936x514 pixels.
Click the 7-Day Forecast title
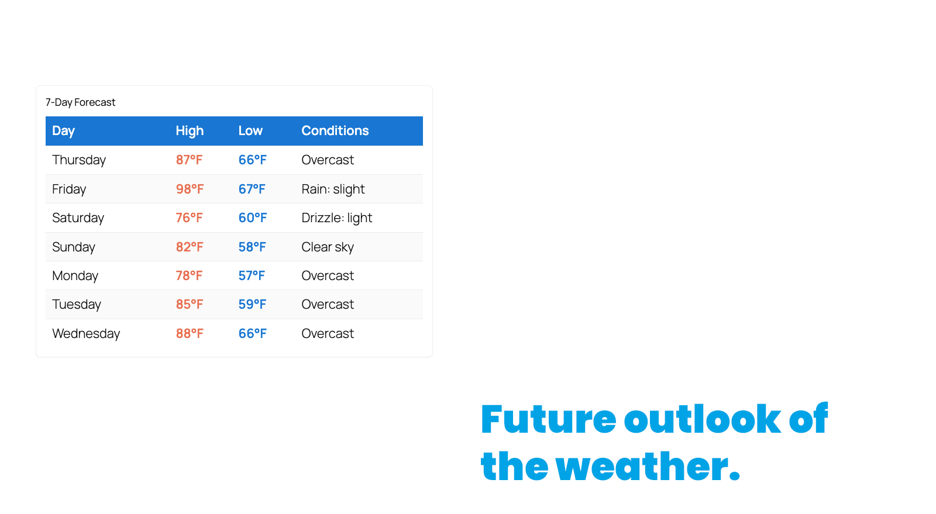[x=80, y=102]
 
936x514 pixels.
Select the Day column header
[x=64, y=131]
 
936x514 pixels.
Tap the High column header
[x=190, y=131]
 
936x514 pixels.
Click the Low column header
[x=251, y=130]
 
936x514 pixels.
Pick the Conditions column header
[x=335, y=130]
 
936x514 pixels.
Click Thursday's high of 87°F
[x=190, y=160]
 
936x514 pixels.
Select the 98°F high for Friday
[x=190, y=189]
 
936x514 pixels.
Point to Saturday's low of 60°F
[x=252, y=218]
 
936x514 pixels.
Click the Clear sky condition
[x=328, y=247]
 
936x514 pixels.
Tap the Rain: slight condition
[x=333, y=189]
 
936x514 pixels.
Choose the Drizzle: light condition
[x=337, y=218]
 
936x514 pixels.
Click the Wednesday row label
[x=86, y=334]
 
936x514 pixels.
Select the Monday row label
[x=75, y=276]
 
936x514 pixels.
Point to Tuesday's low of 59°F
[x=252, y=305]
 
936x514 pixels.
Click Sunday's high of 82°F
[x=190, y=247]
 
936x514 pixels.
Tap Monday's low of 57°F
[x=252, y=275]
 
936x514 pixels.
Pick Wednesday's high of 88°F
[x=190, y=334]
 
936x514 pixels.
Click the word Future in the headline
[x=548, y=419]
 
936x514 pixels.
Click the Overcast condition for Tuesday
[x=328, y=305]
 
